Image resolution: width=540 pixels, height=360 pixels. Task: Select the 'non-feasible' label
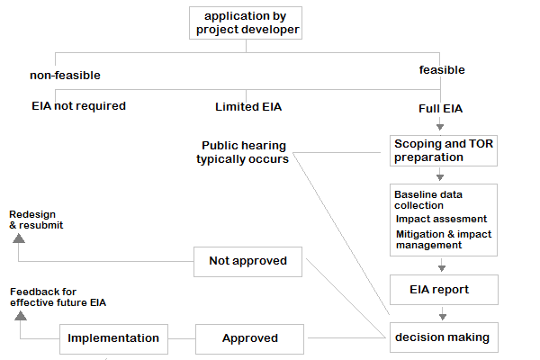tap(65, 76)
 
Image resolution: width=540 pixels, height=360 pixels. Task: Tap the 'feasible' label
tap(442, 69)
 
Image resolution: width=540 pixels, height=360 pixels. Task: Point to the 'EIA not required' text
tap(79, 106)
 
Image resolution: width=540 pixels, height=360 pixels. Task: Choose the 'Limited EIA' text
tap(248, 107)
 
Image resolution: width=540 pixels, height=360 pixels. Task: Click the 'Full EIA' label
tap(441, 109)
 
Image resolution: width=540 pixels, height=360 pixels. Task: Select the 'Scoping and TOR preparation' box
tap(443, 150)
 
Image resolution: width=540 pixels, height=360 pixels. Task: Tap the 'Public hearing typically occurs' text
tap(243, 152)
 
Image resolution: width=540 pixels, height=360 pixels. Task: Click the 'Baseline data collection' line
tap(432, 200)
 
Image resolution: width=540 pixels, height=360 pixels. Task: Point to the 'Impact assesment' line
tap(441, 219)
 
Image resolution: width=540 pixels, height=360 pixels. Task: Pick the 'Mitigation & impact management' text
tap(443, 239)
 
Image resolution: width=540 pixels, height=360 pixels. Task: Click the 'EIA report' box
tap(442, 290)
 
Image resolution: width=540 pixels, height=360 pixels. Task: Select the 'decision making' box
tap(442, 337)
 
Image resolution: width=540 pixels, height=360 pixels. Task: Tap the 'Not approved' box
tap(247, 262)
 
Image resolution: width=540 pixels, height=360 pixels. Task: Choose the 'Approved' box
tap(249, 338)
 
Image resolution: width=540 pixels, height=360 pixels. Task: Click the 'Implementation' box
tap(113, 338)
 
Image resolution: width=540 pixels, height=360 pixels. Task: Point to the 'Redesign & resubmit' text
tap(36, 220)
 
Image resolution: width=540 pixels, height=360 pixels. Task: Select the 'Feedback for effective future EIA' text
tap(58, 297)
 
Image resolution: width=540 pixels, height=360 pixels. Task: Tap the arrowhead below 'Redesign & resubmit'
tap(17, 238)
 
